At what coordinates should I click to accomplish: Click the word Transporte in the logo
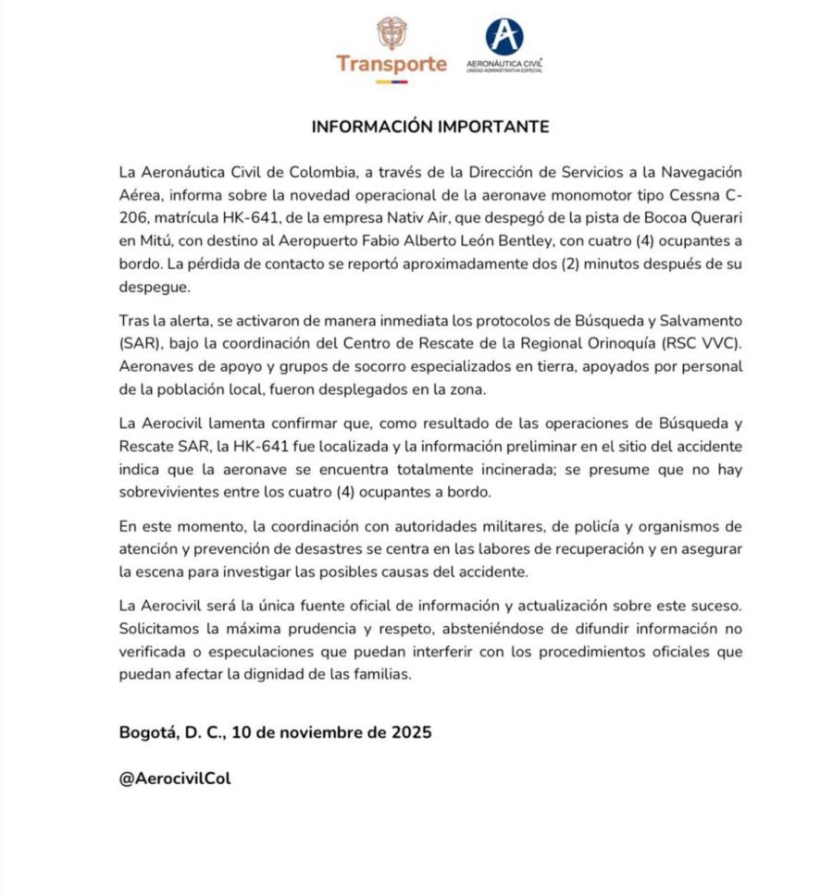[392, 65]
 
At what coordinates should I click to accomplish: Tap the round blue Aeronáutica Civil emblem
[504, 37]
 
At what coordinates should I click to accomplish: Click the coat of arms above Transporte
[392, 32]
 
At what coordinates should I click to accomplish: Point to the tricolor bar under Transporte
[392, 82]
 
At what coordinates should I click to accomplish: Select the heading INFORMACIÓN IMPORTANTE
[429, 127]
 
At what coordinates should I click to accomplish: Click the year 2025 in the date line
[409, 733]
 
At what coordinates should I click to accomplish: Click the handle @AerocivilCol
[175, 779]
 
